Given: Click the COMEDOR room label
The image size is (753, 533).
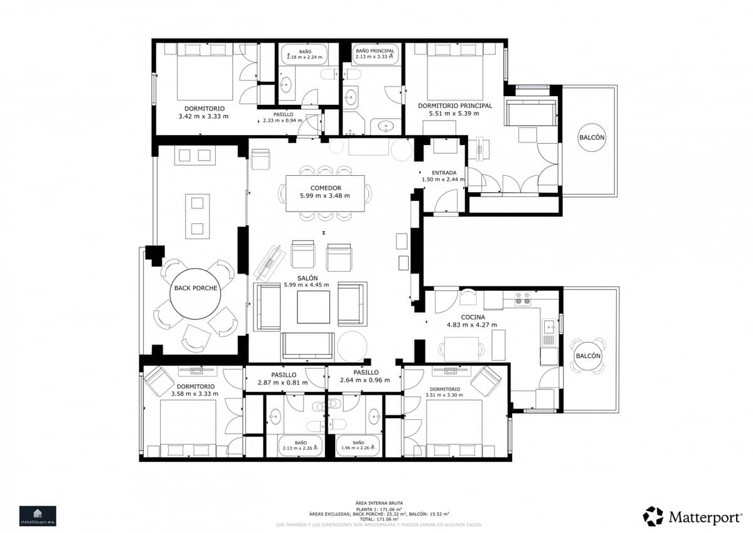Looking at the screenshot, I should [325, 188].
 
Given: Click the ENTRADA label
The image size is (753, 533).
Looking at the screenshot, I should [444, 173].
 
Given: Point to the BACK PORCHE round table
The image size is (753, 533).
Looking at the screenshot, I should [195, 288].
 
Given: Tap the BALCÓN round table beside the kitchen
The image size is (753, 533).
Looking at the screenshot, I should [588, 356].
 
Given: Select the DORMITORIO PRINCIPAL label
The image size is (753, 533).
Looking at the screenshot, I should [455, 105].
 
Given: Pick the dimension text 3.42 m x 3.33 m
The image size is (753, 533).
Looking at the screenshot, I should [203, 116].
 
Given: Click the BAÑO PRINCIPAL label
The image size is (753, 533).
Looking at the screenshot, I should [375, 50].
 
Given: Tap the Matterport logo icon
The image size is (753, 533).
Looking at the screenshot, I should [653, 516].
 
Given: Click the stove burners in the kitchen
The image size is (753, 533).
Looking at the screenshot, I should [522, 298].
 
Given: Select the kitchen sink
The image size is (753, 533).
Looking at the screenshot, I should [548, 326].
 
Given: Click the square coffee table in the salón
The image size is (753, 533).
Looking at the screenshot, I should [312, 308].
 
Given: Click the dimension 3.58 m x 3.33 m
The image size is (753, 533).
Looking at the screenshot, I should [195, 394].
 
